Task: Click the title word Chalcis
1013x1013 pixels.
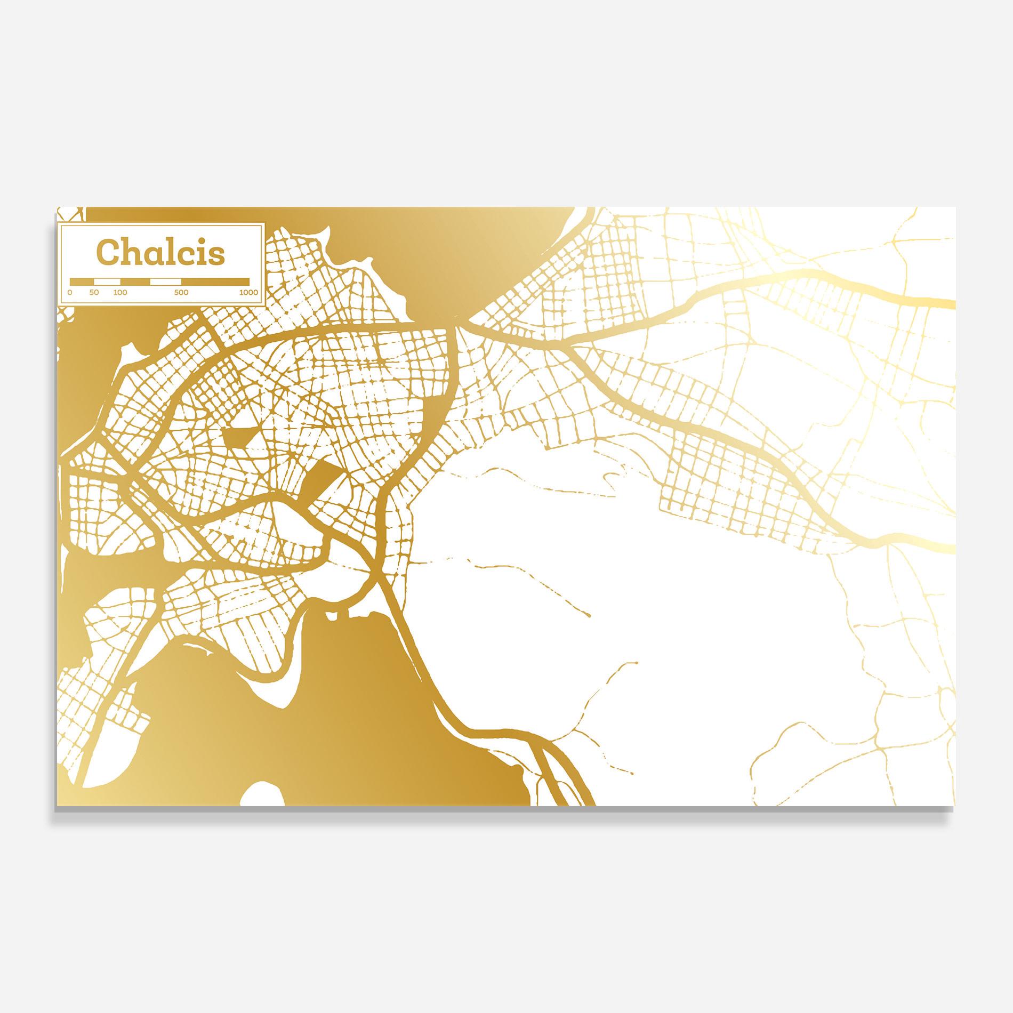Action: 160,253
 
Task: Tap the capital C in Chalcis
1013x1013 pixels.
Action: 106,253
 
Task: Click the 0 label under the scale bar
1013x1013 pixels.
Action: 70,293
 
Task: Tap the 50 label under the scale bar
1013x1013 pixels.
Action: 94,293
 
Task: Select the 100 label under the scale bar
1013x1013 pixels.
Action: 120,293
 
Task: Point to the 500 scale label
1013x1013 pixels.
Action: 181,293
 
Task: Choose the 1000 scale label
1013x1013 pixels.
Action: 248,293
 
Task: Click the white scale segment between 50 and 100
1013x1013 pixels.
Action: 107,281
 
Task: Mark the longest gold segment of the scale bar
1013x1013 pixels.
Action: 215,281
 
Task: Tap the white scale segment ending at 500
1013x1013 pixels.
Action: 165,281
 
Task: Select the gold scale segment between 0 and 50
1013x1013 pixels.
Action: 82,281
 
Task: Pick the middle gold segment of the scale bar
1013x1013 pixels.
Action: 135,281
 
